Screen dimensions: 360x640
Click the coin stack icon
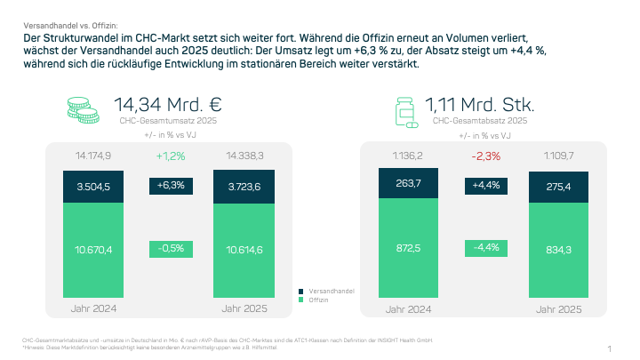[x=84, y=109]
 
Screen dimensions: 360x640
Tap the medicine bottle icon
[x=404, y=110]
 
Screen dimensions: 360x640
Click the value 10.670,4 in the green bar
[x=94, y=250]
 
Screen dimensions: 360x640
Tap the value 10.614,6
[x=243, y=250]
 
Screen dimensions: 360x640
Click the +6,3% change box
[x=171, y=186]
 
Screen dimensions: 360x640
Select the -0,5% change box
[x=171, y=249]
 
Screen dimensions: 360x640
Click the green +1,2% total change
[x=171, y=156]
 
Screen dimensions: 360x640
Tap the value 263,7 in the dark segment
[x=409, y=184]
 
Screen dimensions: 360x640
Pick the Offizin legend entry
[x=320, y=300]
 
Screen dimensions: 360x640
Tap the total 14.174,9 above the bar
[x=94, y=156]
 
